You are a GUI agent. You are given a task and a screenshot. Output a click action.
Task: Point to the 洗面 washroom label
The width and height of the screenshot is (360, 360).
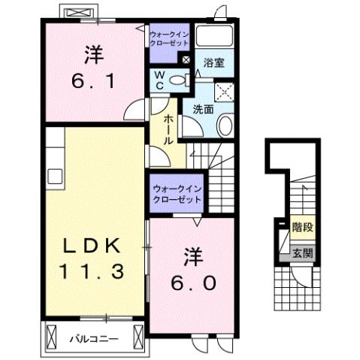202,109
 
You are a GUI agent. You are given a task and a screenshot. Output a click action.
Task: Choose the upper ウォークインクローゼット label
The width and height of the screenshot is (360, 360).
169,40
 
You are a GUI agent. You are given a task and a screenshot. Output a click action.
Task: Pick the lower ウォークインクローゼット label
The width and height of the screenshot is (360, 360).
177,195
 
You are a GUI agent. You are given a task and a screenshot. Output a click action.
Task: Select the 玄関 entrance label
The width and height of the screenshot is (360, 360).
302,253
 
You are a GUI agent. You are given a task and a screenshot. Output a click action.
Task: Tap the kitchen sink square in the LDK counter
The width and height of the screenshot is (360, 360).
55,176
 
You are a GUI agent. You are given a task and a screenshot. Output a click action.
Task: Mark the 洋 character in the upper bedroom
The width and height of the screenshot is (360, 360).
92,54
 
